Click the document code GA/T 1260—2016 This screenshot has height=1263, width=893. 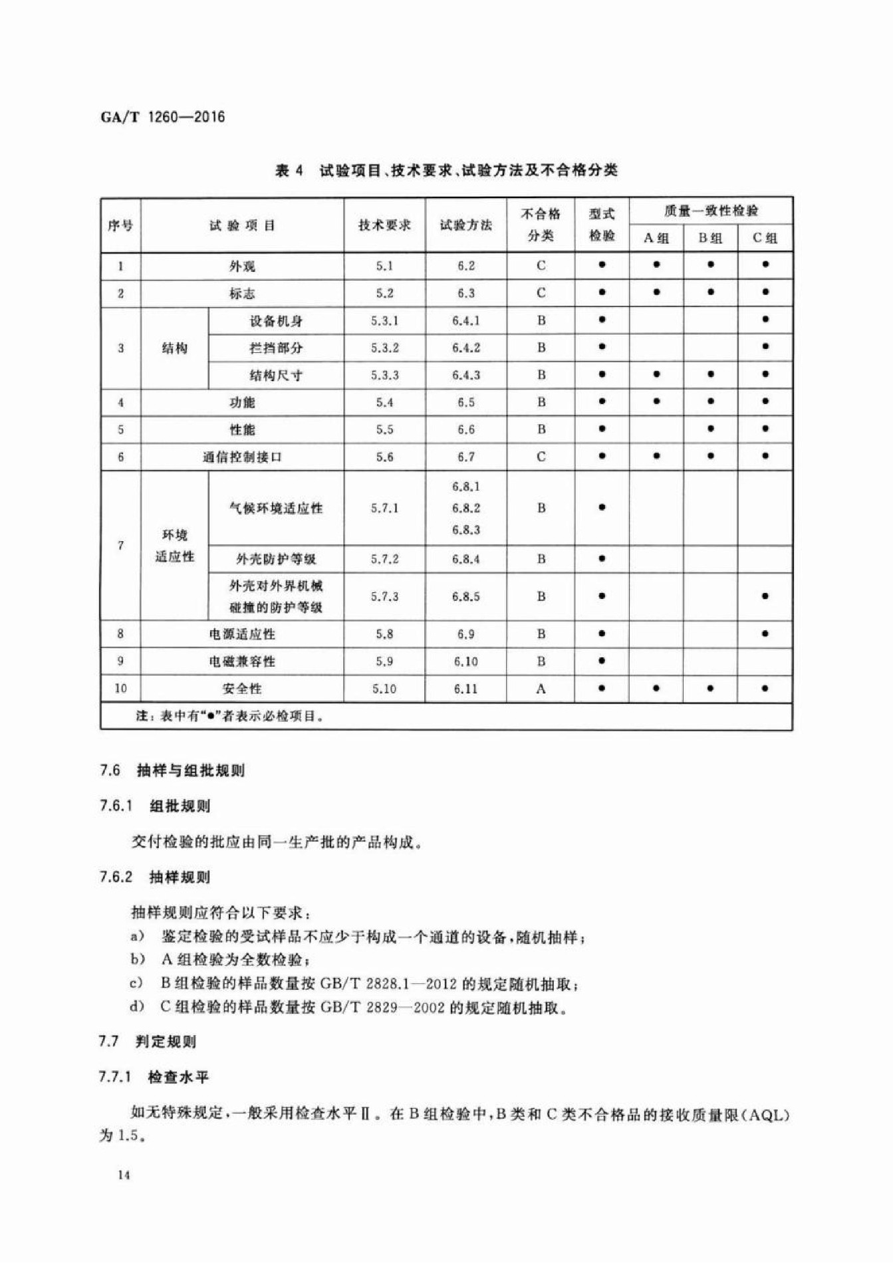163,118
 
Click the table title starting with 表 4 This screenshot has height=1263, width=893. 446,171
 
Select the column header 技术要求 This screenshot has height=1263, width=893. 384,225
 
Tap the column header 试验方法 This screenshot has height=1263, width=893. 465,225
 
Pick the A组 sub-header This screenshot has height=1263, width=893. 656,238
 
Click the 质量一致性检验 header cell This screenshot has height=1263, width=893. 710,211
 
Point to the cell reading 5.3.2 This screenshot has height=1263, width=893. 384,348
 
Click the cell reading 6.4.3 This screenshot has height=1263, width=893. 465,375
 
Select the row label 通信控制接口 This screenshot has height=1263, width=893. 242,457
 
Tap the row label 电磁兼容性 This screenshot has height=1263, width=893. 242,661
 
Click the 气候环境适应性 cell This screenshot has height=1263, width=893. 276,509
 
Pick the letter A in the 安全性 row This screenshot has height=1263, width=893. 541,689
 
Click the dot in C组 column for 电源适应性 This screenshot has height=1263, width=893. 765,633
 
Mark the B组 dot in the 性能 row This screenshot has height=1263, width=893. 711,429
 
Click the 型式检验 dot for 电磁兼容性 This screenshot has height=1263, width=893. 602,661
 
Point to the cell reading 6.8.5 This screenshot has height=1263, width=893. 465,596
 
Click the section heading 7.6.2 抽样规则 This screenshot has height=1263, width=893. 155,877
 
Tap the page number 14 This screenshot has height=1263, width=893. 124,1175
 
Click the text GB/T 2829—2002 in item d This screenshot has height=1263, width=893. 382,1008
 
